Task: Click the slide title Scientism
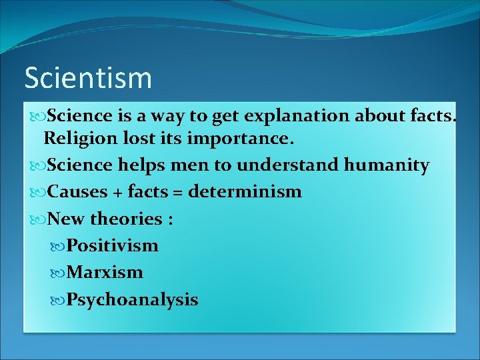(x=88, y=78)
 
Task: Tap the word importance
(x=239, y=139)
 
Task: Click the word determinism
(x=245, y=192)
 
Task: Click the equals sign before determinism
(x=177, y=193)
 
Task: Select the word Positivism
(x=113, y=245)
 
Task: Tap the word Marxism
(x=105, y=272)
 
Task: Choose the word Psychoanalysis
(x=132, y=299)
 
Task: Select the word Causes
(x=78, y=192)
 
